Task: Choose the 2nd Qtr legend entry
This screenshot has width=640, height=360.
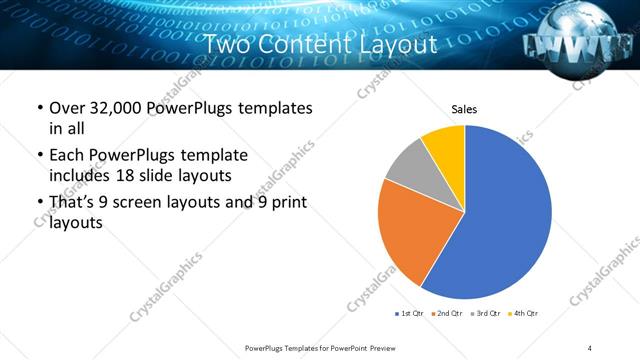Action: (446, 313)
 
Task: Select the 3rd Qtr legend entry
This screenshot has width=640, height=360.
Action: (484, 313)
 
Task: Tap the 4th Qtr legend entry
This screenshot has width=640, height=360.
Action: (522, 313)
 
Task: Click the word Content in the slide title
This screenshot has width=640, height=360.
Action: (318, 46)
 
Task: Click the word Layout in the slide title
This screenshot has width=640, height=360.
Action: (399, 46)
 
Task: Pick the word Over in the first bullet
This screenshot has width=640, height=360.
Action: (66, 108)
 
